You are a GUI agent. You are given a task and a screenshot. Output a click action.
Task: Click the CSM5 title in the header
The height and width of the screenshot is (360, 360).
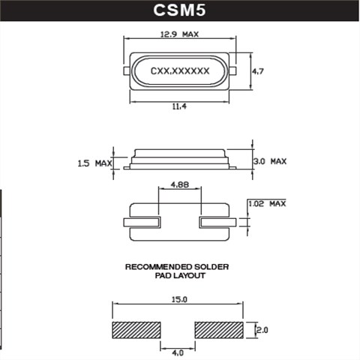179,10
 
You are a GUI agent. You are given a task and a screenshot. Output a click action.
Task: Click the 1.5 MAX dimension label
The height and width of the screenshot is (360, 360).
94,163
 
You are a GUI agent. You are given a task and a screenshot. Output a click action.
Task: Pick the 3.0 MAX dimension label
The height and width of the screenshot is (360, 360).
268,161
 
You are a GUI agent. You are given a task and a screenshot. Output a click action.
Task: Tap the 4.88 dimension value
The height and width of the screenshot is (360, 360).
179,183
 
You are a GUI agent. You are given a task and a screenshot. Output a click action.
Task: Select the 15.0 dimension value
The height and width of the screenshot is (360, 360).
178,298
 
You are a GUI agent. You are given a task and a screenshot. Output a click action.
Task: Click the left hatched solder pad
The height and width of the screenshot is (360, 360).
136,330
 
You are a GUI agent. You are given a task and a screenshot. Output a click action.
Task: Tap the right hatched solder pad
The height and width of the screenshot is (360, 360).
220,330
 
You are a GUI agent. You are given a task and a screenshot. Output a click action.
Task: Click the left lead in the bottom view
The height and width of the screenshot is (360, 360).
142,222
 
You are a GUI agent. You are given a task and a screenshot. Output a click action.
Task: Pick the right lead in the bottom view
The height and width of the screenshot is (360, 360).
217,222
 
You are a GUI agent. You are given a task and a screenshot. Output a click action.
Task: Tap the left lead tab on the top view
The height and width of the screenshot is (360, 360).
125,70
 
